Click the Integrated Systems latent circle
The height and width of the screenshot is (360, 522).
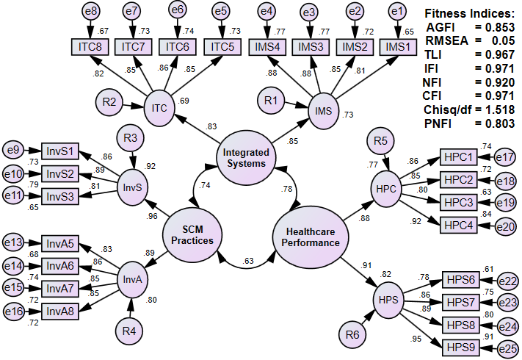coord(247,157)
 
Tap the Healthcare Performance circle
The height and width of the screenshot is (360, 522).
coord(310,235)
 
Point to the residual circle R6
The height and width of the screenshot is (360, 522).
coord(352,335)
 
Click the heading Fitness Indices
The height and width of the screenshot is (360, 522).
coord(470,13)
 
